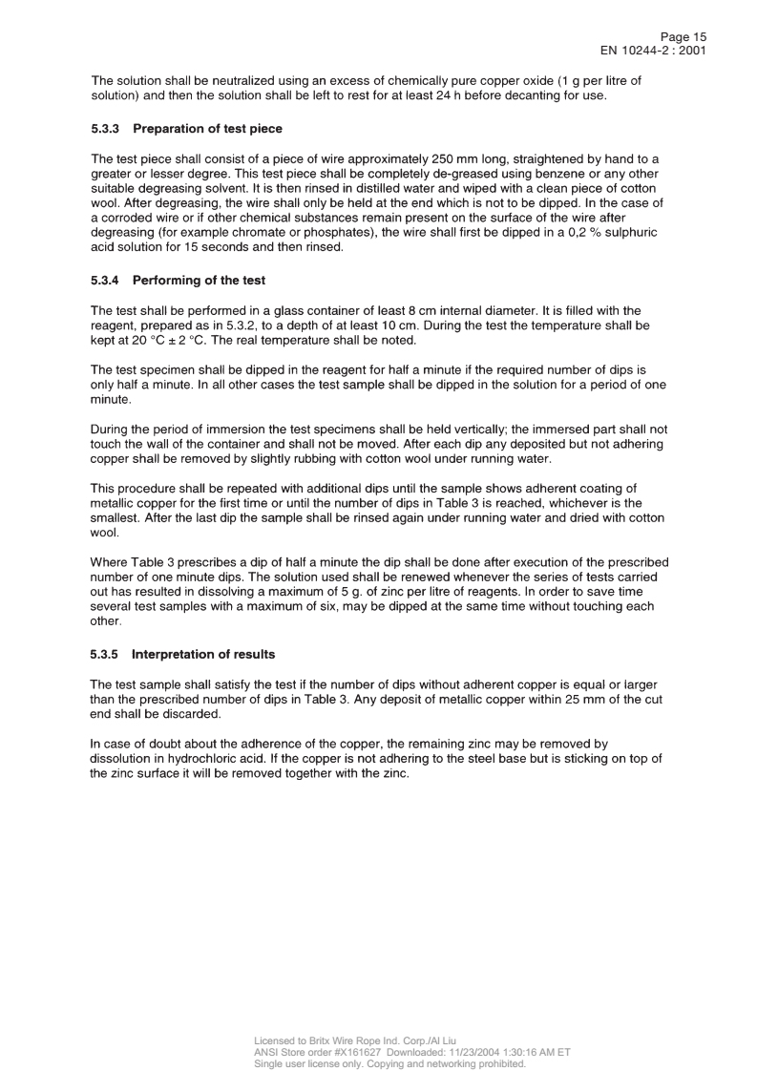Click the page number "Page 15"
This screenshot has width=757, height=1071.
click(x=683, y=36)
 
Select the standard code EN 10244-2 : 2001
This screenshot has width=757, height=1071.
click(x=652, y=50)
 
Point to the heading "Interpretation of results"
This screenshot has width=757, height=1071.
click(x=202, y=655)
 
